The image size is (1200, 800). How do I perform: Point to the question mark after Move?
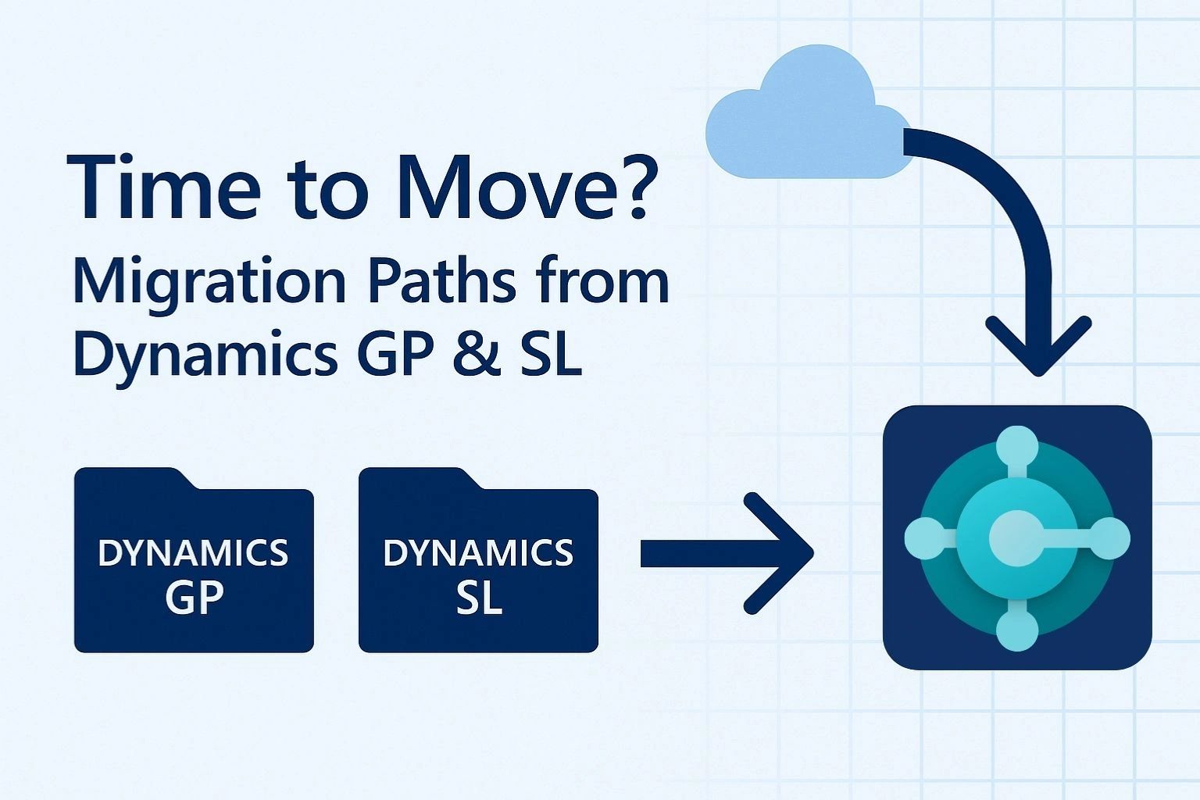coord(629,187)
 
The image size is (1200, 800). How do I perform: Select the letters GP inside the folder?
coord(194,598)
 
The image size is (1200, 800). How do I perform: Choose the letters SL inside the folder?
coord(478,598)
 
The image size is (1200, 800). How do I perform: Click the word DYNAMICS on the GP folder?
coord(193,553)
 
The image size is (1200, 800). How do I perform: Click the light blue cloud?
coord(805,117)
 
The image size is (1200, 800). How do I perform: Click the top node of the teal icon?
coord(1017,447)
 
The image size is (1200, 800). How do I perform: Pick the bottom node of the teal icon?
coord(1017,629)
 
